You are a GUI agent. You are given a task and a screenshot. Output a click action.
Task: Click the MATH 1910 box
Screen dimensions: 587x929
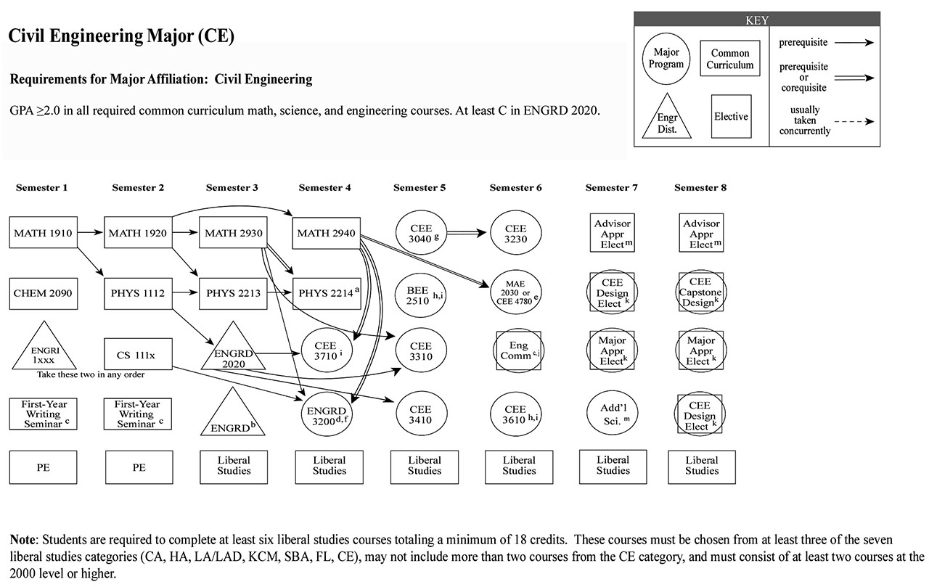pyautogui.click(x=44, y=234)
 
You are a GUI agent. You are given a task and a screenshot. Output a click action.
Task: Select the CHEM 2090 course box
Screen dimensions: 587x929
pyautogui.click(x=44, y=294)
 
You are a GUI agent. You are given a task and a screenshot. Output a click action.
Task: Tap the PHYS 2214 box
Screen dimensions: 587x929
pyautogui.click(x=325, y=294)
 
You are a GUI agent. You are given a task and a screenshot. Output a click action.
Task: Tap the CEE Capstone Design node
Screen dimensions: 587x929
pyautogui.click(x=701, y=292)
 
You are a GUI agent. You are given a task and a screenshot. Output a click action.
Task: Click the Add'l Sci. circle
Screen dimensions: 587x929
pyautogui.click(x=613, y=413)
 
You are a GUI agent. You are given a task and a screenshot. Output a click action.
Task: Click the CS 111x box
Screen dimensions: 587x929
pyautogui.click(x=138, y=355)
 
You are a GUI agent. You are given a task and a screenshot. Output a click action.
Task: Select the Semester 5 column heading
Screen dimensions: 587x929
pyautogui.click(x=420, y=188)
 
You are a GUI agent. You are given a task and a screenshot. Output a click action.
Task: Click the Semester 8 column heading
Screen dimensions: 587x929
pyautogui.click(x=700, y=188)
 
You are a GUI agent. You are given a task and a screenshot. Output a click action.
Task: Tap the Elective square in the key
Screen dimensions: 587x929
pyautogui.click(x=730, y=116)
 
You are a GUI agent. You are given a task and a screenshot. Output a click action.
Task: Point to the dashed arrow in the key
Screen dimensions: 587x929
pyautogui.click(x=855, y=121)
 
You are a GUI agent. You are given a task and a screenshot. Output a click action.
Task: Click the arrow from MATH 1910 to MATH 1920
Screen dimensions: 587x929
pyautogui.click(x=90, y=234)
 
